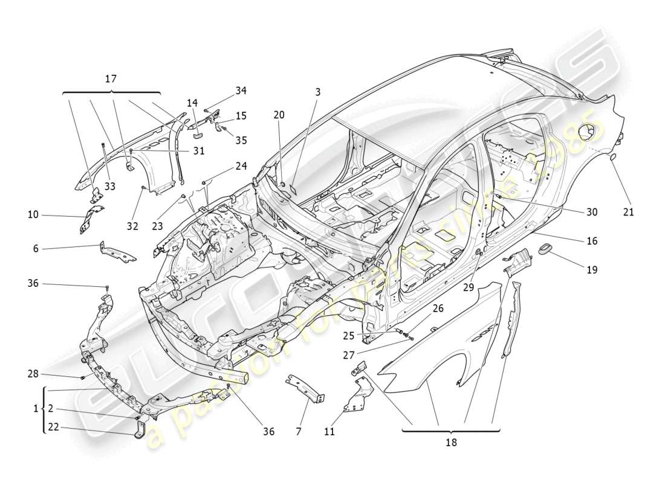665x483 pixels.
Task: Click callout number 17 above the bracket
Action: click(x=111, y=79)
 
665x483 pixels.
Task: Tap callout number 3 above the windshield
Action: click(x=317, y=92)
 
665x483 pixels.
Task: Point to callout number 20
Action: click(x=278, y=115)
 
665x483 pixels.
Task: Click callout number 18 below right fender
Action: click(x=451, y=442)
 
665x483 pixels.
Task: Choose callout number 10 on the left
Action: click(x=33, y=214)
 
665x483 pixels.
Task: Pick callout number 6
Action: click(x=35, y=248)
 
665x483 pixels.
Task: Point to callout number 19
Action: click(x=591, y=270)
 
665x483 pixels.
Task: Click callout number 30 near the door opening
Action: click(x=591, y=212)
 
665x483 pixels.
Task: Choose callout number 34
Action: click(x=241, y=91)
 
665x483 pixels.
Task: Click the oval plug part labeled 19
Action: click(x=545, y=249)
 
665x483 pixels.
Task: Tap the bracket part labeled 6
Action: click(x=117, y=252)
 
